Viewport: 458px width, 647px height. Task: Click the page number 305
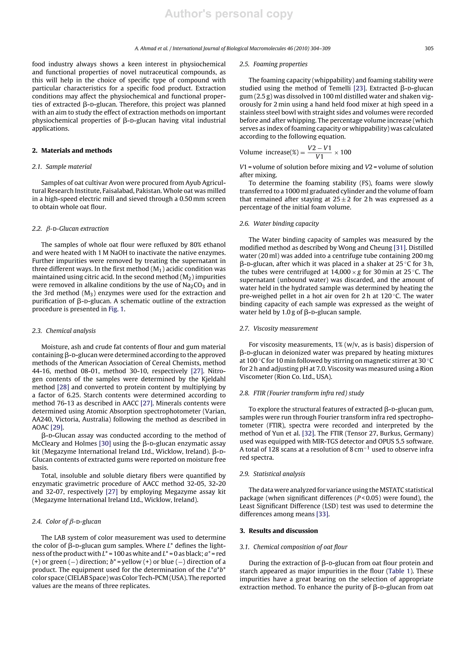click(x=429, y=48)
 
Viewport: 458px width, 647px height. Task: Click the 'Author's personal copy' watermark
click(x=229, y=14)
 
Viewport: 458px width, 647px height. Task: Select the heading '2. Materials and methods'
click(x=72, y=151)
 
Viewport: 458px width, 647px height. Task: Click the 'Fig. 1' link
click(x=116, y=309)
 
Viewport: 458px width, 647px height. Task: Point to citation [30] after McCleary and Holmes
click(x=105, y=443)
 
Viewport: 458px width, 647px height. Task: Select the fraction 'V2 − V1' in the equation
click(x=319, y=148)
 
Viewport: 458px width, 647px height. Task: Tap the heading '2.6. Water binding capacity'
click(x=279, y=223)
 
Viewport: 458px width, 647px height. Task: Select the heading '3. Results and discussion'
click(x=279, y=531)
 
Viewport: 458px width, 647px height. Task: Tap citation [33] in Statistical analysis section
click(x=322, y=514)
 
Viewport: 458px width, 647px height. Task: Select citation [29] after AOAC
click(x=57, y=427)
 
